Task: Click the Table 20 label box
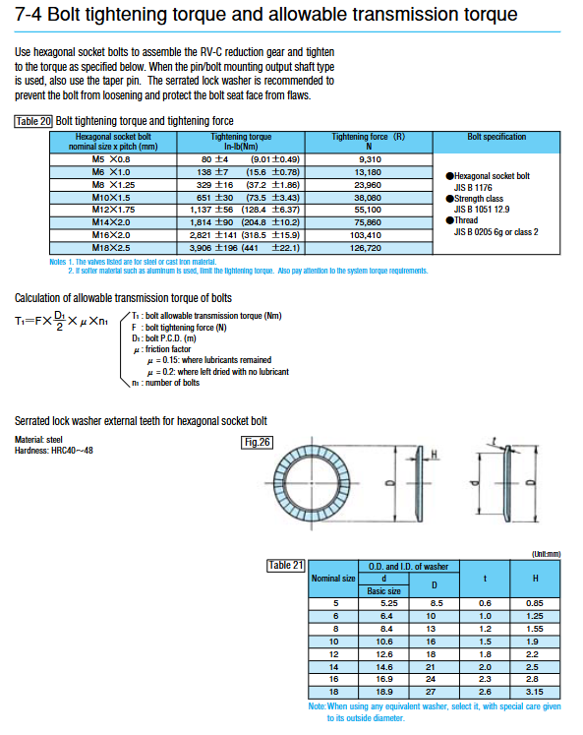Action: pyautogui.click(x=33, y=121)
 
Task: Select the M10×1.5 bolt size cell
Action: pyautogui.click(x=111, y=198)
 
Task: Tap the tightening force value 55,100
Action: pyautogui.click(x=368, y=210)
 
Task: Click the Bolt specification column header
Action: pyautogui.click(x=496, y=137)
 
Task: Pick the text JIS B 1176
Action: pyautogui.click(x=473, y=188)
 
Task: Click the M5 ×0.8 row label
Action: pyautogui.click(x=111, y=159)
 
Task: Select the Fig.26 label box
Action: pyautogui.click(x=257, y=442)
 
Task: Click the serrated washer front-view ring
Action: pyautogui.click(x=278, y=483)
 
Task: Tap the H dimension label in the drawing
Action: pyautogui.click(x=435, y=455)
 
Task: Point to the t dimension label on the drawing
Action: pyautogui.click(x=494, y=441)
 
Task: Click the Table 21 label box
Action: pyautogui.click(x=286, y=566)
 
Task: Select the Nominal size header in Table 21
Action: pyautogui.click(x=333, y=579)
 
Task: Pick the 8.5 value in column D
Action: pyautogui.click(x=436, y=603)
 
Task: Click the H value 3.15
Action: pyautogui.click(x=534, y=692)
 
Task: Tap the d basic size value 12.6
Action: pyautogui.click(x=384, y=654)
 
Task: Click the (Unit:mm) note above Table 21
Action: pyautogui.click(x=546, y=554)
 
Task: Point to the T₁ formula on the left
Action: pyautogui.click(x=61, y=321)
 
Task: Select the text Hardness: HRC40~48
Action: pyautogui.click(x=54, y=451)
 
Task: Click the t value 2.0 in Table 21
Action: pyautogui.click(x=485, y=667)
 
